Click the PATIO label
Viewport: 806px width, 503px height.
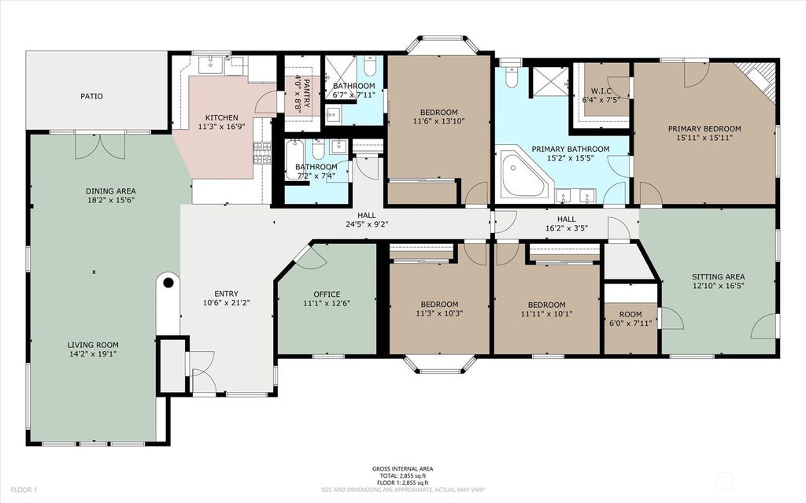[91, 96]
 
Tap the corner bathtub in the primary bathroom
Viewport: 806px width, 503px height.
[525, 174]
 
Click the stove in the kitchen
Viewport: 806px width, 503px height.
[262, 153]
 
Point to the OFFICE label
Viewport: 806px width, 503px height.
[327, 294]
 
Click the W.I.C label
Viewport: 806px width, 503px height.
[601, 91]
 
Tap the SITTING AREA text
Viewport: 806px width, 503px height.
[718, 277]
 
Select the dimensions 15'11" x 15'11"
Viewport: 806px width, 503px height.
[704, 137]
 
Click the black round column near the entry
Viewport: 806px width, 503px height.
[168, 282]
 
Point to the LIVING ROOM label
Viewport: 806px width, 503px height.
[93, 345]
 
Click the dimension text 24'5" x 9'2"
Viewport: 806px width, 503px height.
[367, 224]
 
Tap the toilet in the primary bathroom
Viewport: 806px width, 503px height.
[511, 76]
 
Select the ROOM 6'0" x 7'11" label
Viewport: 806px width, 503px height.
[630, 319]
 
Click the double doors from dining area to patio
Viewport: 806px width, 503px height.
[100, 146]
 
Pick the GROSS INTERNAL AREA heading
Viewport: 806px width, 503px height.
[402, 468]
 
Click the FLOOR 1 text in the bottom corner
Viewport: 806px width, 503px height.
[24, 490]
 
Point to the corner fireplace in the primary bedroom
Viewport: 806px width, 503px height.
[756, 80]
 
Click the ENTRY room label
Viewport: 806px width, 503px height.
[226, 294]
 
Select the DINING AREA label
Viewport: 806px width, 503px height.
[110, 191]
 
